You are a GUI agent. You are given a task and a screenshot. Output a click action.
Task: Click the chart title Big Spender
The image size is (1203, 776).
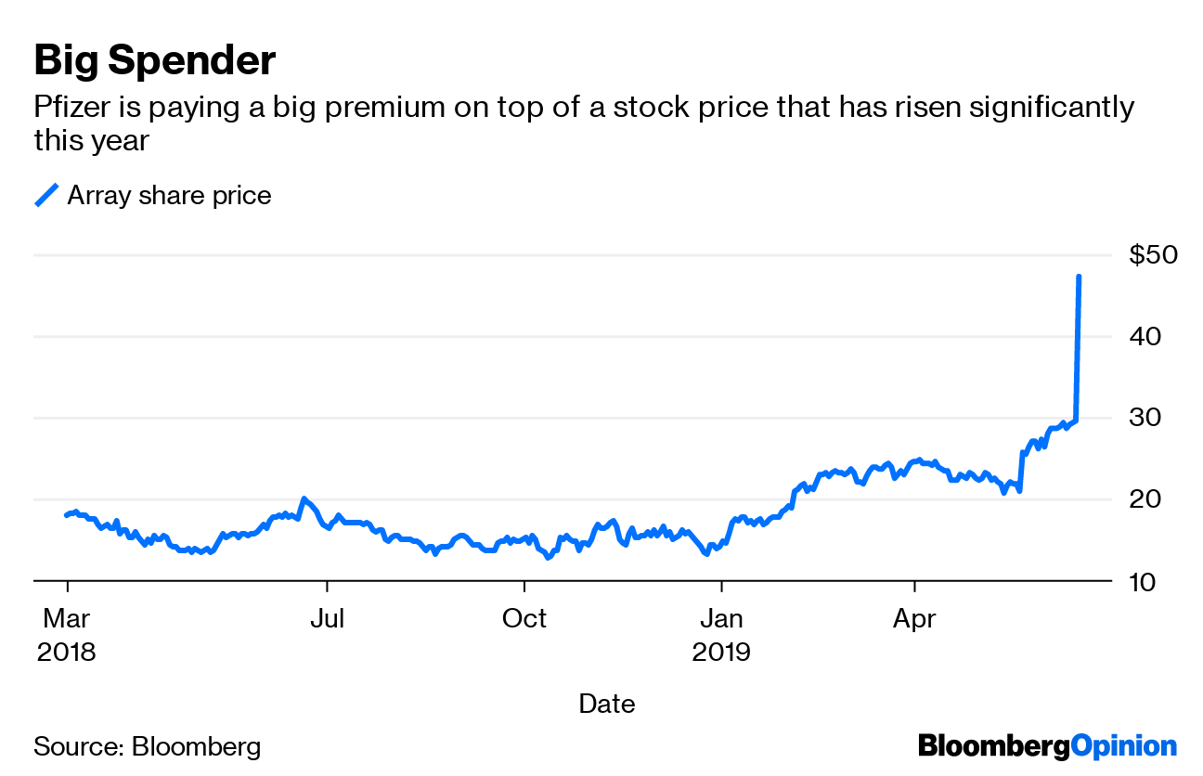pos(154,61)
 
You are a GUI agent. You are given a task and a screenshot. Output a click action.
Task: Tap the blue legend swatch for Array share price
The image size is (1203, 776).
pos(46,195)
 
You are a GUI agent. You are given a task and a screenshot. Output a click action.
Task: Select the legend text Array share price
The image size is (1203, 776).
pos(169,196)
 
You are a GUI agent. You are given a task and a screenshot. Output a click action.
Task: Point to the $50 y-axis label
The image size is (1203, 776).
pos(1153,255)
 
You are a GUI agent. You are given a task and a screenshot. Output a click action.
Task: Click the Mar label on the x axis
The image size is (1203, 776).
pos(67,618)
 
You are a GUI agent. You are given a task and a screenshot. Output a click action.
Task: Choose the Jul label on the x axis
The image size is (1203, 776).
pos(327,618)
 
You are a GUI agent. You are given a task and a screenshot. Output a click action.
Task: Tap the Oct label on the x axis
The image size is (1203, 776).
pos(524,618)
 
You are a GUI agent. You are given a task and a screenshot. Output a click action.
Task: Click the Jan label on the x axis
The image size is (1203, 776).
pos(721,618)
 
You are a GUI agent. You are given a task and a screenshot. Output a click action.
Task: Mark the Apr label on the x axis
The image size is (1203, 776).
pos(915,618)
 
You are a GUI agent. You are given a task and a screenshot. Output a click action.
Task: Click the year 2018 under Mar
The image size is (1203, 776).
pos(67,652)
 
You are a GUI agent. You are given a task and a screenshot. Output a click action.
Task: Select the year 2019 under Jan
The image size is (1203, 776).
pos(721,652)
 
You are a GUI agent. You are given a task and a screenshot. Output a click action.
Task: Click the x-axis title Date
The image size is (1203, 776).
pos(607,704)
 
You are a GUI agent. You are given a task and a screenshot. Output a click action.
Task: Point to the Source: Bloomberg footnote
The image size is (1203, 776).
pos(148,746)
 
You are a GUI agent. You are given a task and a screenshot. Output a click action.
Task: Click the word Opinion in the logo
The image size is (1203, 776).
pos(1123,745)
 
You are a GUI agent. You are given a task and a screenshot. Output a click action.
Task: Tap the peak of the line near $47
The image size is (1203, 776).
pos(1078,276)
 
